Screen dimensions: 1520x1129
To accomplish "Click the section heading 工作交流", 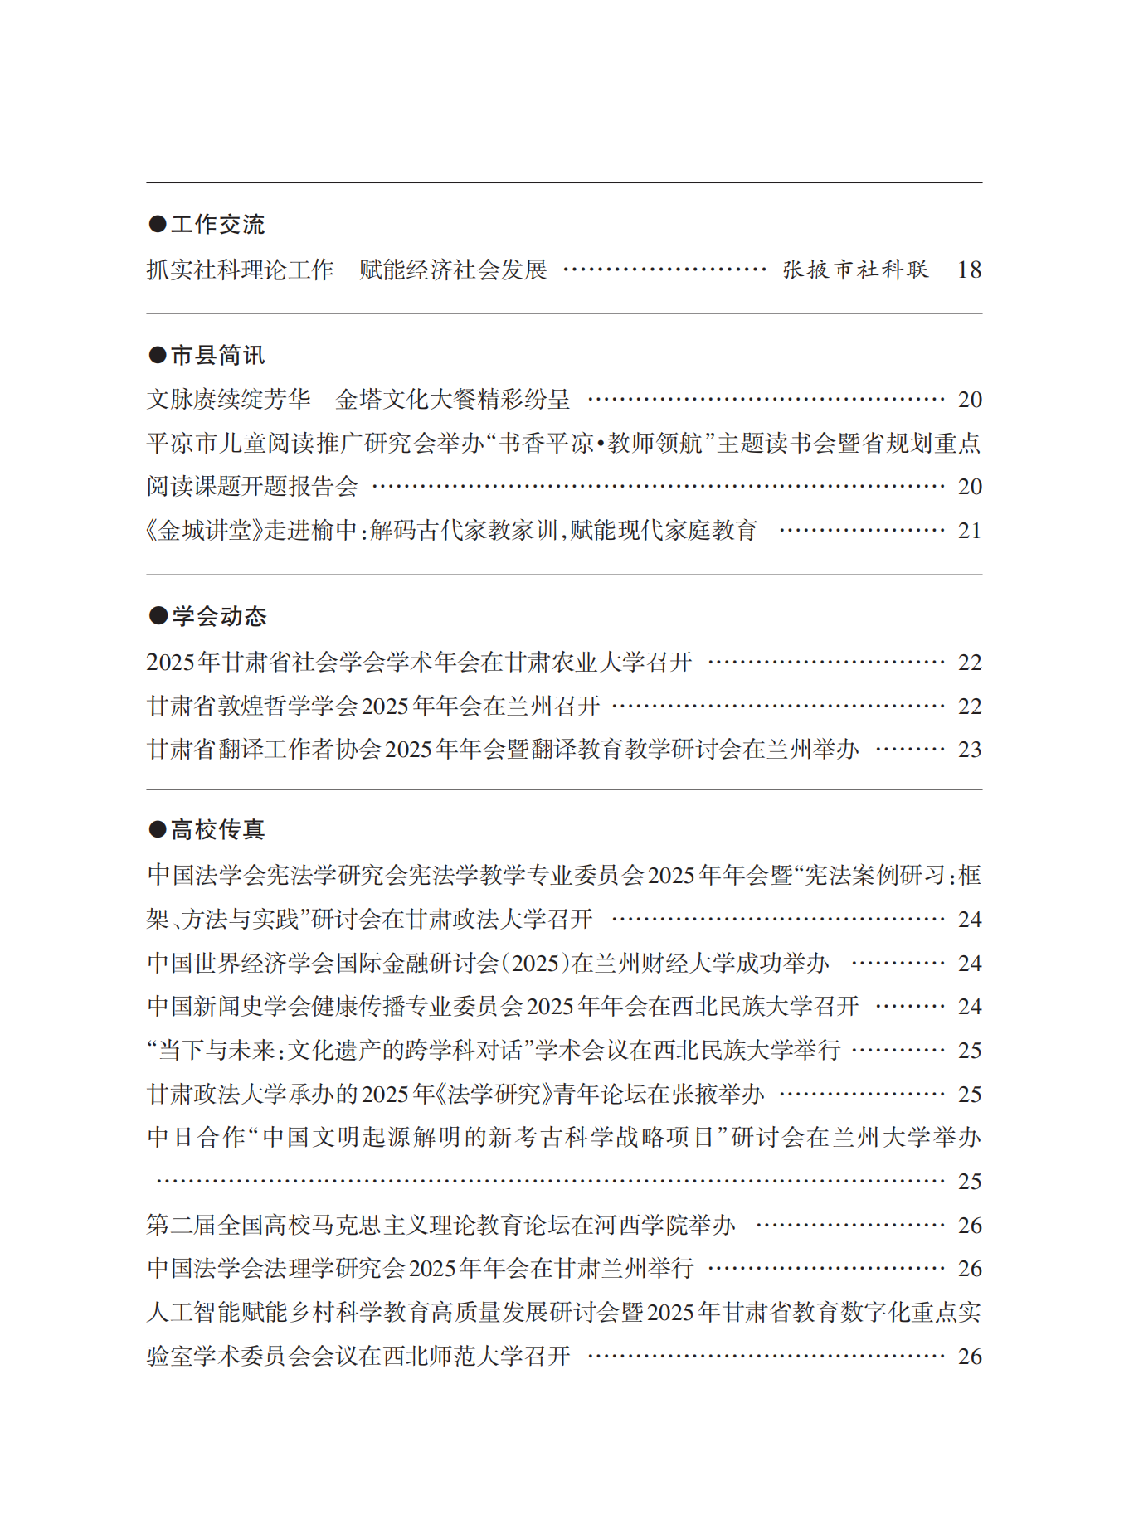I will tap(217, 224).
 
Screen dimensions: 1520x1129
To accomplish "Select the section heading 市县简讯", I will tap(217, 355).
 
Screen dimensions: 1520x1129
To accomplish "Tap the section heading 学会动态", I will tap(219, 616).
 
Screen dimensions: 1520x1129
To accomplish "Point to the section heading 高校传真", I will tap(217, 829).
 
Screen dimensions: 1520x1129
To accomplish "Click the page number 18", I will tap(969, 270).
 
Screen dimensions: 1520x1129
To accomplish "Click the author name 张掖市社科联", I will tap(855, 270).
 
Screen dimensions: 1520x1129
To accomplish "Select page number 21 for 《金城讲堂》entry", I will tap(969, 531).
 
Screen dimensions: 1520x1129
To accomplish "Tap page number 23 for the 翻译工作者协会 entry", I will tap(969, 750).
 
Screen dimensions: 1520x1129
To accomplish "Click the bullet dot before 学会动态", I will tap(158, 616).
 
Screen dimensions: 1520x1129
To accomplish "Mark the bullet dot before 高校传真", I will tap(158, 829).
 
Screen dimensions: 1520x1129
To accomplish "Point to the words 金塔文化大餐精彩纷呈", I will tap(453, 400).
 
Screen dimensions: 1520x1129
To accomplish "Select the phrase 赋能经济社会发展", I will tap(453, 270).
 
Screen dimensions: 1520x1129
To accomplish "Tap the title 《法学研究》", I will tap(494, 1095).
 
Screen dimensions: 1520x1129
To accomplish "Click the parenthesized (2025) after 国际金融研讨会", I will tap(535, 964).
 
